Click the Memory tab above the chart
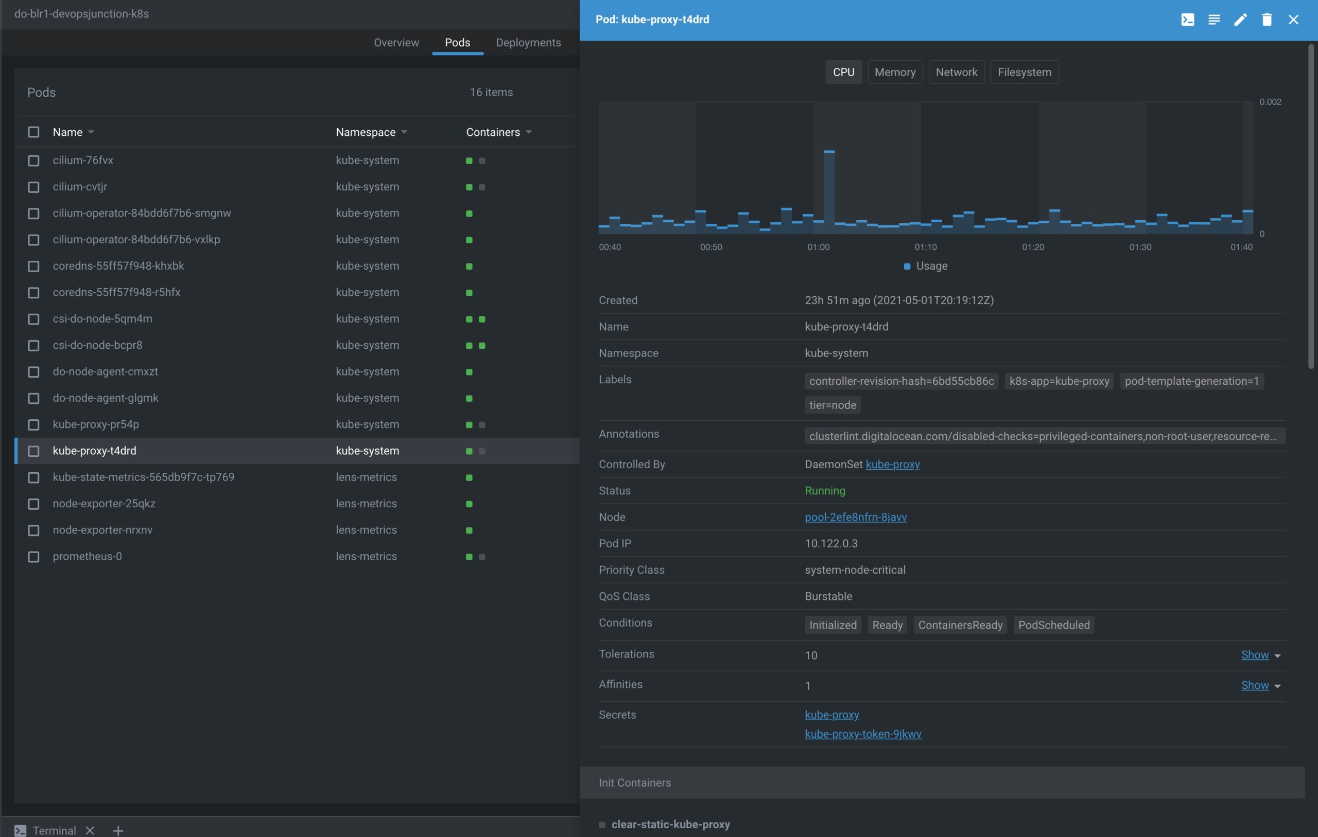895,72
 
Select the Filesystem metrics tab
1024,72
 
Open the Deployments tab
528,43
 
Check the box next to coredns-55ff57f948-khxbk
33,266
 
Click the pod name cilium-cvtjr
80,187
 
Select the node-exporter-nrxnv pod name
103,529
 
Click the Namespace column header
366,132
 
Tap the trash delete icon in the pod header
1267,20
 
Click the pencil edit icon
1240,20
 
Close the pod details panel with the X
1293,20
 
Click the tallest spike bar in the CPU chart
829,191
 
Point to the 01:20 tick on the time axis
1033,247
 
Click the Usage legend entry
926,266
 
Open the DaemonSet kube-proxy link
893,464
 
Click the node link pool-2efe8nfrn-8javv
856,517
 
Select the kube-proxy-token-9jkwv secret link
862,734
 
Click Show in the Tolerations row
1255,655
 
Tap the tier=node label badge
833,405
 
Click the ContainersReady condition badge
960,625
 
